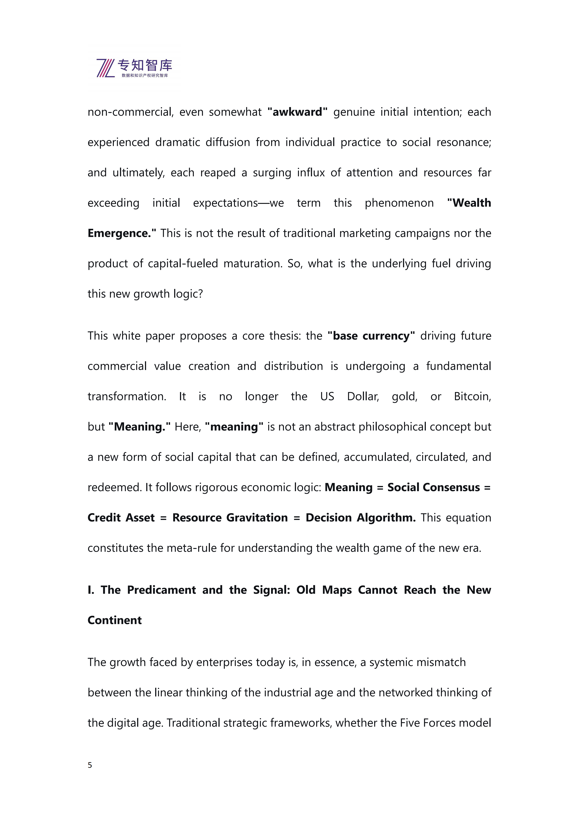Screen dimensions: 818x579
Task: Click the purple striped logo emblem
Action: pyautogui.click(x=106, y=68)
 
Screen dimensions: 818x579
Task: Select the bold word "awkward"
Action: pyautogui.click(x=297, y=112)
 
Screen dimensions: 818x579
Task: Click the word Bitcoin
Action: pyautogui.click(x=472, y=396)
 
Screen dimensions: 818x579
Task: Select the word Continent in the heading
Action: pyautogui.click(x=115, y=620)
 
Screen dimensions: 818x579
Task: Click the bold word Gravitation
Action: pyautogui.click(x=257, y=517)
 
